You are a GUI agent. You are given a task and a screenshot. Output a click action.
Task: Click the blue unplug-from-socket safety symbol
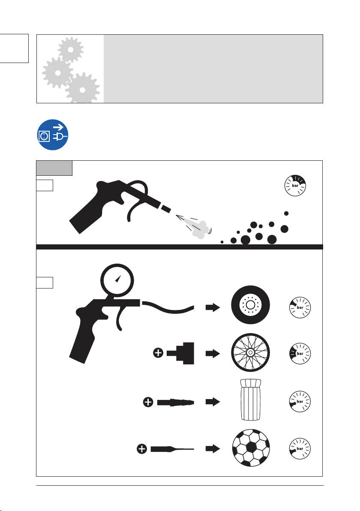[x=53, y=135]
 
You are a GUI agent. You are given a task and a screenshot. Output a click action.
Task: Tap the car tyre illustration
[x=251, y=305]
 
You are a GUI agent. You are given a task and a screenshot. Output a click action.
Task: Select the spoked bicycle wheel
[x=251, y=353]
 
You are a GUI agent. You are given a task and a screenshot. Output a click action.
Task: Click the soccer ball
[x=251, y=448]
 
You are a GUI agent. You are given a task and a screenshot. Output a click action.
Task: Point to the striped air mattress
[x=251, y=400]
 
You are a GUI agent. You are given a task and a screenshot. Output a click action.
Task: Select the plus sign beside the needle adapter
[x=142, y=449]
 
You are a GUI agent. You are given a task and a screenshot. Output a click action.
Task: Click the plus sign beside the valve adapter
[x=158, y=353]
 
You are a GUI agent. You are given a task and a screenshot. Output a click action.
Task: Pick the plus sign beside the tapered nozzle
[x=148, y=402]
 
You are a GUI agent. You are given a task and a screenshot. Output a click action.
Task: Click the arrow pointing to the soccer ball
[x=213, y=449]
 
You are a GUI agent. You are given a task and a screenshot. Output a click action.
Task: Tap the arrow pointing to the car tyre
[x=213, y=307]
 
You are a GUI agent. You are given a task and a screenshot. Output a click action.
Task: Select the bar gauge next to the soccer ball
[x=300, y=449]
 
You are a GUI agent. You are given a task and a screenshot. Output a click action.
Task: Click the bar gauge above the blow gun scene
[x=295, y=186]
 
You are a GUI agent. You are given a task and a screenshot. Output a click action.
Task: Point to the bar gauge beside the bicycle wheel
[x=300, y=354]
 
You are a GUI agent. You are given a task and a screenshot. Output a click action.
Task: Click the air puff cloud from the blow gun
[x=200, y=229]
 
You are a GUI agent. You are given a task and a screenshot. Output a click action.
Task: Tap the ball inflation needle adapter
[x=172, y=449]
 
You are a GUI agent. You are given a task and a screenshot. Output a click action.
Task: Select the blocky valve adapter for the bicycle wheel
[x=180, y=353]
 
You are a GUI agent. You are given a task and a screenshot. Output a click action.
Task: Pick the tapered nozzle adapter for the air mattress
[x=176, y=402]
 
